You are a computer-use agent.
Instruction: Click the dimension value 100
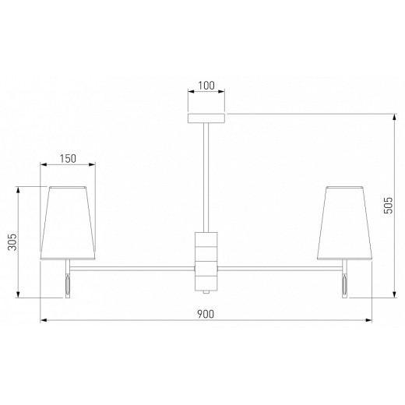point(206,86)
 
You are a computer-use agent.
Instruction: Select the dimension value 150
point(68,158)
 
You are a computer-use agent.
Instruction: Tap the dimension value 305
point(12,242)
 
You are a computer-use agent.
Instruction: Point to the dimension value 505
point(389,205)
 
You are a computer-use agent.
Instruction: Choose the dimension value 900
point(206,314)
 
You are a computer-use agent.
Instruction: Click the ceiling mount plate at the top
point(206,118)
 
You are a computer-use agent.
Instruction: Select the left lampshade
point(68,223)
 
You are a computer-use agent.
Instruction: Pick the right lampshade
point(344,223)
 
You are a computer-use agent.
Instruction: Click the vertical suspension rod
point(206,178)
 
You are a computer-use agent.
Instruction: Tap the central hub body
point(206,262)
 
